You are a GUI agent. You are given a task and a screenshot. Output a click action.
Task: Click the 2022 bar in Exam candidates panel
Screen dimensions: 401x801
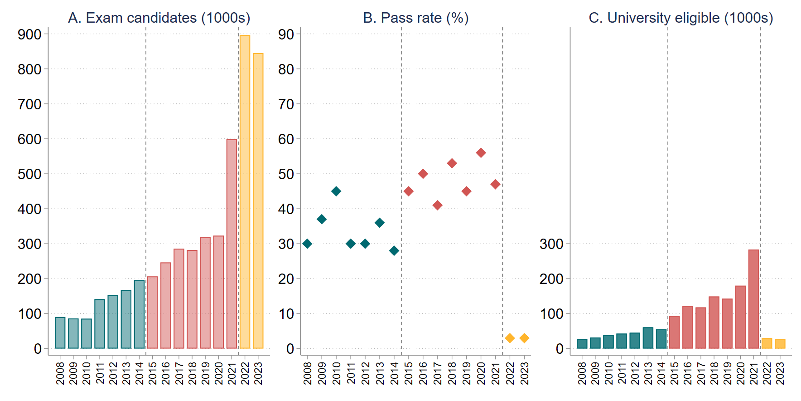(x=245, y=192)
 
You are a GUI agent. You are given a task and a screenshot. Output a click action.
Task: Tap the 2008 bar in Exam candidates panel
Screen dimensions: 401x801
(x=60, y=333)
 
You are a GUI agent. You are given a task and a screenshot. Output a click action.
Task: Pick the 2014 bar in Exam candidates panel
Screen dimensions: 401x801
(x=139, y=314)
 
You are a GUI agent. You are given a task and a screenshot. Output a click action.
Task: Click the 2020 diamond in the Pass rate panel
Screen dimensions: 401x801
(x=481, y=153)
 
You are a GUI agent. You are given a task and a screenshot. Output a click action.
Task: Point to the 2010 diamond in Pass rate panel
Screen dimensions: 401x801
(x=336, y=191)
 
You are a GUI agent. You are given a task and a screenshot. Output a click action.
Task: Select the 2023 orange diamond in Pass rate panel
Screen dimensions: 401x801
(x=524, y=338)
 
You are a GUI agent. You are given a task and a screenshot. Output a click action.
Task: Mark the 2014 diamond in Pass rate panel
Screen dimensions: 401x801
(x=394, y=250)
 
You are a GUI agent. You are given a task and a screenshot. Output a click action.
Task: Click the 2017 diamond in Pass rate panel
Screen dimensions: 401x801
(x=437, y=205)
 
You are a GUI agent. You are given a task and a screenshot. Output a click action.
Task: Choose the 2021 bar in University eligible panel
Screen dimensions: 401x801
(x=753, y=299)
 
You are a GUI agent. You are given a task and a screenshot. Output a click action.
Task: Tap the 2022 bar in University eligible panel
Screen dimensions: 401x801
(x=767, y=343)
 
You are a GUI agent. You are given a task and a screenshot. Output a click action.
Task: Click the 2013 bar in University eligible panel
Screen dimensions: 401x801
(x=648, y=338)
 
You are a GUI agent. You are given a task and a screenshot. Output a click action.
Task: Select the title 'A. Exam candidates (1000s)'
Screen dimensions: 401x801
(x=159, y=18)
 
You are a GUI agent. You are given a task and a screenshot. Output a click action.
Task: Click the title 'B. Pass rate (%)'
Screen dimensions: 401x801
(x=415, y=18)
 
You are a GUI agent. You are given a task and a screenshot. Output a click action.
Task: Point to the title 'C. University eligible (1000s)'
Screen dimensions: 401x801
(x=680, y=18)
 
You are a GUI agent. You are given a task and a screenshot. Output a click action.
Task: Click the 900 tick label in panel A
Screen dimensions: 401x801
(x=29, y=34)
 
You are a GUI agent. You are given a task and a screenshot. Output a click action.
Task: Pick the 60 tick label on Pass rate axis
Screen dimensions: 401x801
(x=286, y=139)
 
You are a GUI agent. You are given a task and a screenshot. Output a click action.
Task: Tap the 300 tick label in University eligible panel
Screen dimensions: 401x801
(x=551, y=244)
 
